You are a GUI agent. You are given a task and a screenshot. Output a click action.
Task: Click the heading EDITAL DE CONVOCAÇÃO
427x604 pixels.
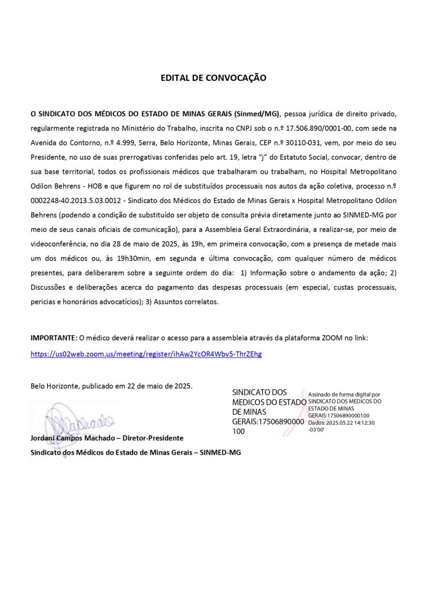[x=213, y=78]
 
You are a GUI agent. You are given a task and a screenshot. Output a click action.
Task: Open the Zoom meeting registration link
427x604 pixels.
[x=146, y=354]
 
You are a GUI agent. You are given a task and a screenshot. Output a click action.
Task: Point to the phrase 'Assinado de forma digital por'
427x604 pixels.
[x=344, y=393]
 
